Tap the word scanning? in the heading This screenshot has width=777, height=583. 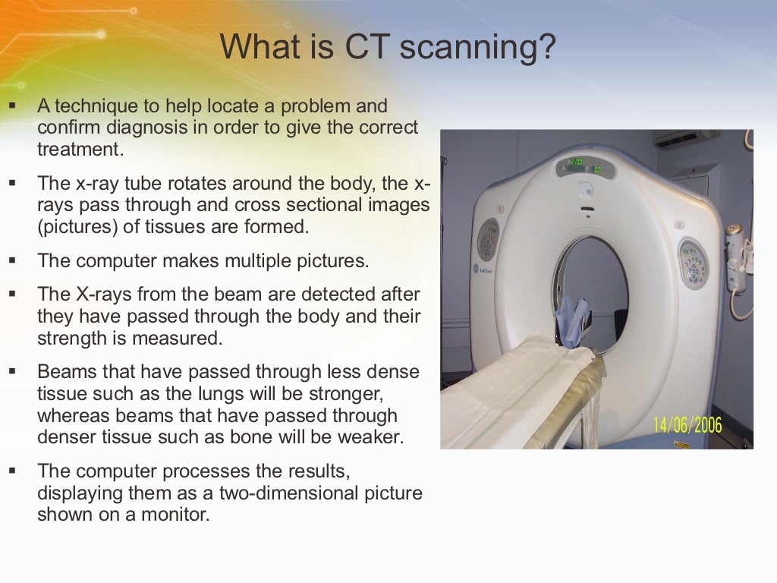(478, 49)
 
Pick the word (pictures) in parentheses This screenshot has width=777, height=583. (74, 227)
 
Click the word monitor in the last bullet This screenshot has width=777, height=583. (175, 514)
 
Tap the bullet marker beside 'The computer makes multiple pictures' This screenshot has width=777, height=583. (13, 261)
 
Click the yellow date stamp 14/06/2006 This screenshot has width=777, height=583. (687, 424)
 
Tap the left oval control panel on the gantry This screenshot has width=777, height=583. (487, 240)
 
